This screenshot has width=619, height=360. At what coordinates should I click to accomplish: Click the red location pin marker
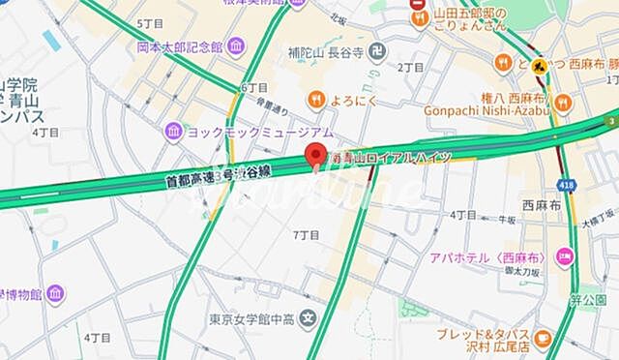(312, 154)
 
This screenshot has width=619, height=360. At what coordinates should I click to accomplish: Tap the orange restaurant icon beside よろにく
(316, 98)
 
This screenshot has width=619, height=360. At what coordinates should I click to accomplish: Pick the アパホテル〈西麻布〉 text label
(493, 258)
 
